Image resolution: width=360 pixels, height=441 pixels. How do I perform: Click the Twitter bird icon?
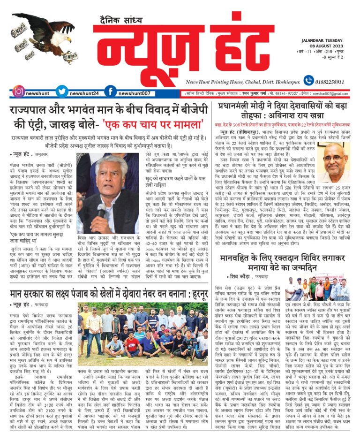[61, 91]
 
